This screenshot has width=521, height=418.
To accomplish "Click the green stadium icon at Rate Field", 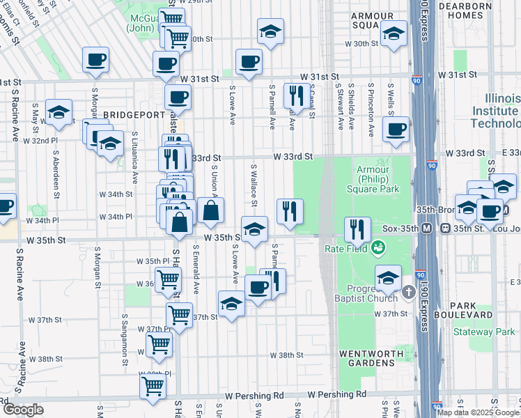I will pyautogui.click(x=378, y=247).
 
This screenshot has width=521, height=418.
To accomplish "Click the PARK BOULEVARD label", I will pyautogui.click(x=474, y=310).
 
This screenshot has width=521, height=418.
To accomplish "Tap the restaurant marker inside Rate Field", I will pyautogui.click(x=357, y=229).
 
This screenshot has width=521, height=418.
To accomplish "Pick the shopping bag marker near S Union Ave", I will pyautogui.click(x=210, y=210).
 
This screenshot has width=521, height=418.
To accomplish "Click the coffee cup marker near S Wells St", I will pyautogui.click(x=396, y=129).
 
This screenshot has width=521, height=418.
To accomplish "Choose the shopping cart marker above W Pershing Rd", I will pyautogui.click(x=153, y=385).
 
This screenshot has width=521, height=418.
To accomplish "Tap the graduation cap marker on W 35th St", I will pyautogui.click(x=255, y=229).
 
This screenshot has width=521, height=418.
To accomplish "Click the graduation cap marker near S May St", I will pyautogui.click(x=59, y=111).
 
